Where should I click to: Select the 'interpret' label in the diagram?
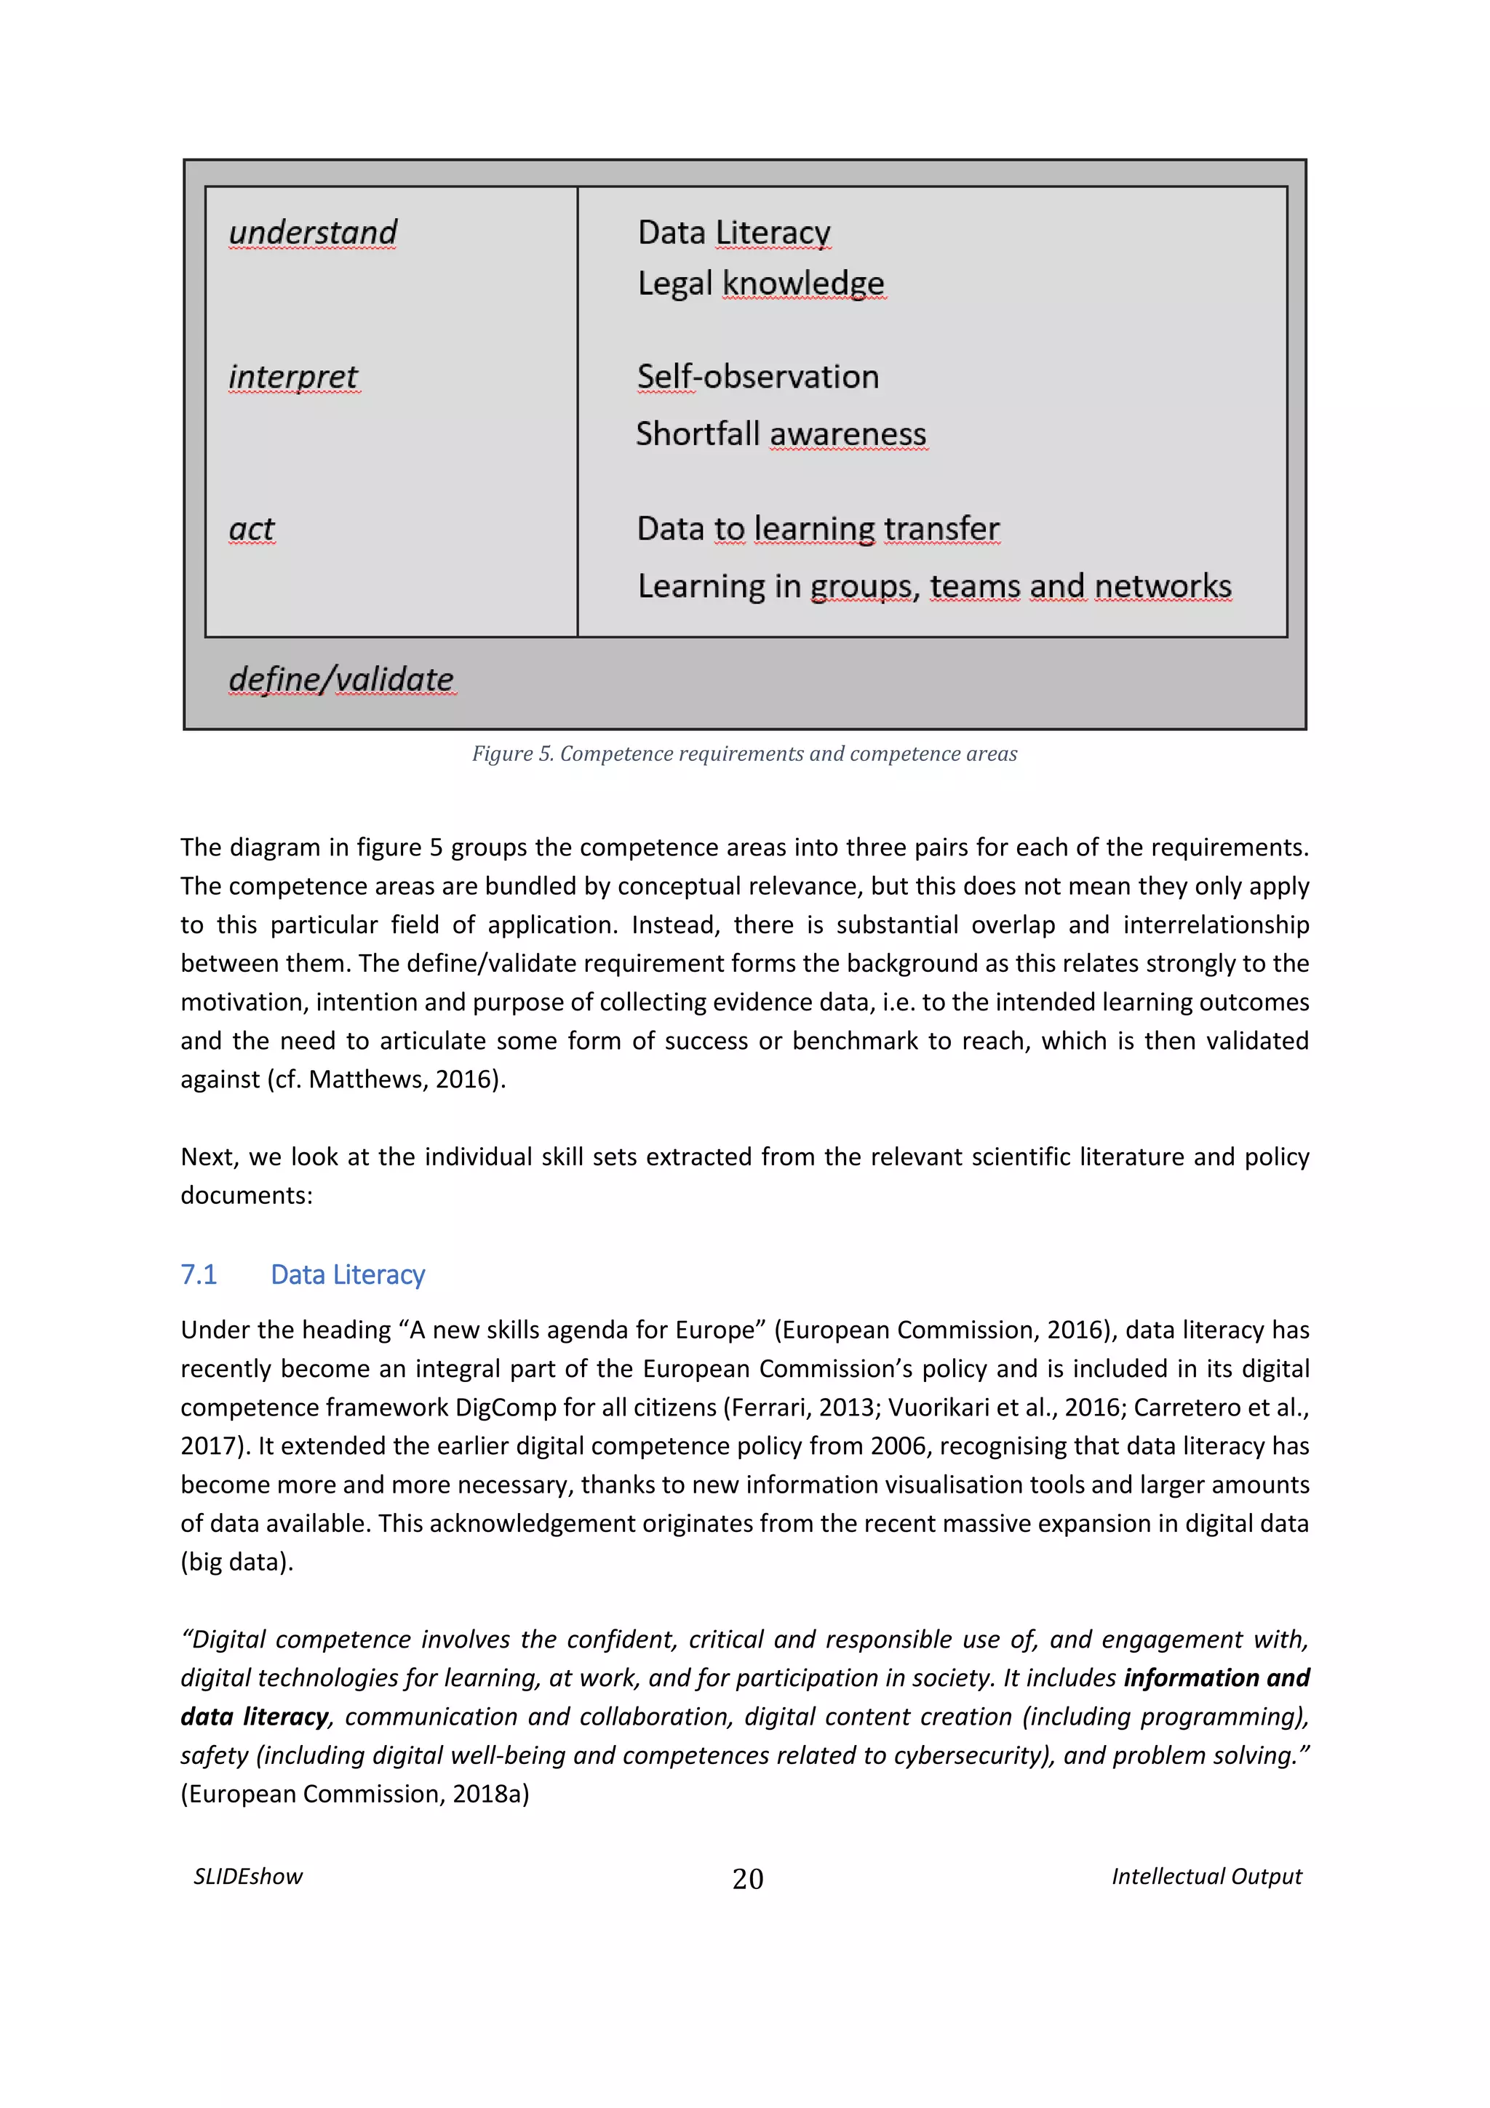pos(293,377)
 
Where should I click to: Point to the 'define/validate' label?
pos(340,679)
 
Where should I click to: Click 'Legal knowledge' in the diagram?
pos(760,284)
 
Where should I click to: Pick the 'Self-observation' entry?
pos(757,378)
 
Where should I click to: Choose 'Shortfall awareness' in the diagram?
pos(781,434)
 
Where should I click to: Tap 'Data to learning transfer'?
pos(817,529)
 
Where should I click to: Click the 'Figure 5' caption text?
pos(744,754)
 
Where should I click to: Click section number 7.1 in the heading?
pos(199,1274)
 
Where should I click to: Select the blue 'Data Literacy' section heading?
pos(347,1274)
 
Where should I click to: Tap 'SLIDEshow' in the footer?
pos(248,1877)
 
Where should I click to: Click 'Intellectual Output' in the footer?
pos(1206,1877)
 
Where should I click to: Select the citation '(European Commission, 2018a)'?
pos(354,1794)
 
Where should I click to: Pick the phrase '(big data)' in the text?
pos(237,1562)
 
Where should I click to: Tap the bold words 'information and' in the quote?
pos(1216,1678)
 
